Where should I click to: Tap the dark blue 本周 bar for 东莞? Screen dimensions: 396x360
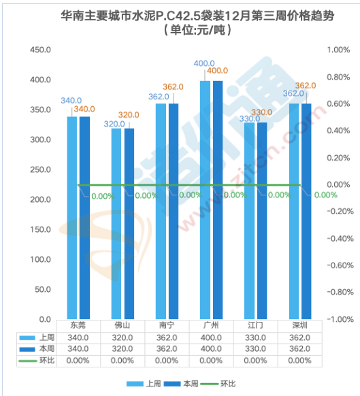[x=84, y=218]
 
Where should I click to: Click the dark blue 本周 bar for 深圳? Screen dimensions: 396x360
[x=307, y=211]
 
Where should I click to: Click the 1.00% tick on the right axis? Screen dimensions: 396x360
[x=339, y=50]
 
